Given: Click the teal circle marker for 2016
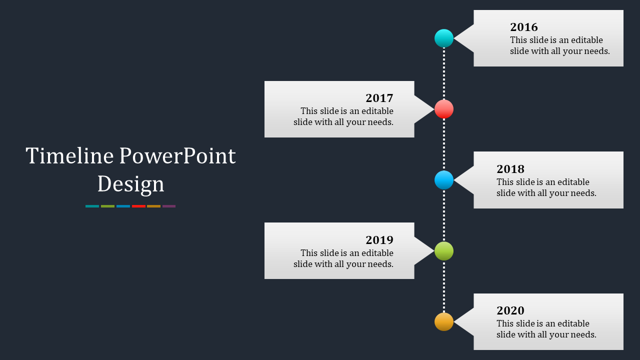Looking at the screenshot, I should tap(444, 38).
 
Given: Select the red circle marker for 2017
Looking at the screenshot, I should tap(444, 109).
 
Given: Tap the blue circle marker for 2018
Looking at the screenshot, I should tap(444, 180).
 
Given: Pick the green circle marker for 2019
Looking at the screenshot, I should tap(444, 251).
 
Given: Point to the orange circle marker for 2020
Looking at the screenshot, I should tap(444, 322).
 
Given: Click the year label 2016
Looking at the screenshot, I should tap(524, 27).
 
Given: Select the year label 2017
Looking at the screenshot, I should tap(379, 98).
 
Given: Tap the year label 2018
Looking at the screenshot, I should tap(510, 169).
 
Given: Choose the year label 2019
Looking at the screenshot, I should tap(379, 240).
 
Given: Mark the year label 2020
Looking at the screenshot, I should tap(510, 310).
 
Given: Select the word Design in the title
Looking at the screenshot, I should tap(130, 184).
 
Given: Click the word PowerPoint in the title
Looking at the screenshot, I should tap(177, 156).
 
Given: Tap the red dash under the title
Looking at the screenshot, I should tap(138, 206).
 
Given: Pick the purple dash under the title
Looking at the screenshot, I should tap(169, 206).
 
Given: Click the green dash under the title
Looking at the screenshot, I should tap(107, 206).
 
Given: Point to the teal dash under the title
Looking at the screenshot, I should tap(92, 206).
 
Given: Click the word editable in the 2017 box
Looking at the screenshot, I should tap(377, 111).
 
